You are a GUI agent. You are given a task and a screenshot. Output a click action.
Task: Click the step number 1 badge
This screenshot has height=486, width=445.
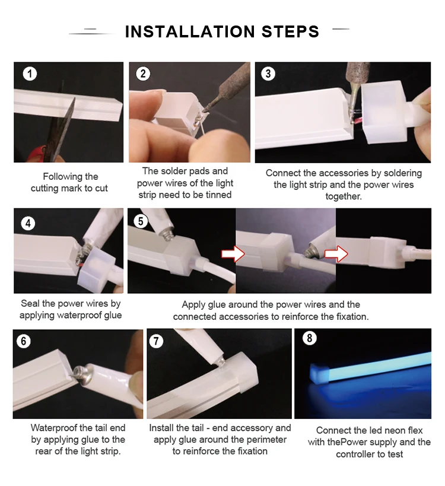30,74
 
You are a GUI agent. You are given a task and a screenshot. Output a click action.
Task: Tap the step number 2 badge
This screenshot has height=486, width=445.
143,74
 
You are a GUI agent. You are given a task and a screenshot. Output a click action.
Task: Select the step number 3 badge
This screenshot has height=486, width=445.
268,74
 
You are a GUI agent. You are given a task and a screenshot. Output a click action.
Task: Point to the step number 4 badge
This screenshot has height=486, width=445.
28,223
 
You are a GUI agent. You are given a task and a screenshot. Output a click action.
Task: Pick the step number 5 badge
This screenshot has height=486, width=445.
141,221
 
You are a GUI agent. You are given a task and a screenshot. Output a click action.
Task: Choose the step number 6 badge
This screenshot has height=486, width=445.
24,341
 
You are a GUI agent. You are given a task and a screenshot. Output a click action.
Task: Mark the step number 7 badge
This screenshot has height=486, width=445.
156,341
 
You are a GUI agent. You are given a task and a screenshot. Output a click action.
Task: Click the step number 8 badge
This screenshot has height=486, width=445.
309,338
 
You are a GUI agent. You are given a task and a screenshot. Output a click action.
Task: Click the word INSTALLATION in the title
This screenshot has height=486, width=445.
190,31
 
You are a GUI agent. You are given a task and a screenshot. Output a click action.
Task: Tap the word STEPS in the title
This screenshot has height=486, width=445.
290,31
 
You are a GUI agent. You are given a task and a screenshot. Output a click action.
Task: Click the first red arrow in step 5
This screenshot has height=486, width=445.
233,254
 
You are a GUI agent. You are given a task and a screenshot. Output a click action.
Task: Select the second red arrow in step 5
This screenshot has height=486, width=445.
336,254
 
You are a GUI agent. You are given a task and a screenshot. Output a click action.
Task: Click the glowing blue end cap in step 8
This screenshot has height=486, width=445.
319,373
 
